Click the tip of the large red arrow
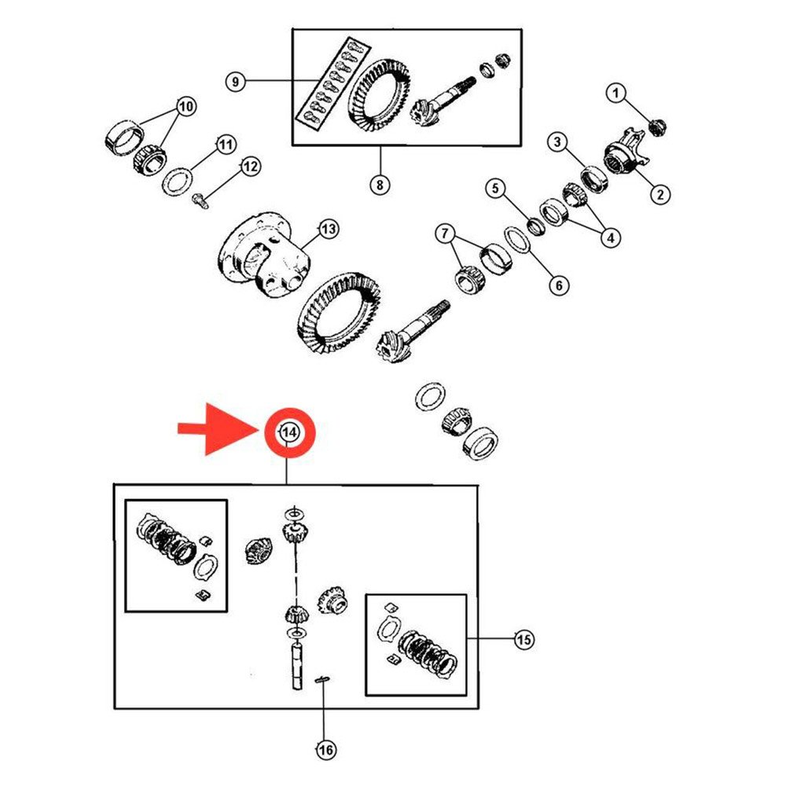point(259,430)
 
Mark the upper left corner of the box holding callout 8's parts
point(292,30)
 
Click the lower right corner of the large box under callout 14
point(478,708)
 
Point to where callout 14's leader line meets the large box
point(286,484)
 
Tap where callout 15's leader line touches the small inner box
point(467,638)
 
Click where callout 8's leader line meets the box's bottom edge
point(380,145)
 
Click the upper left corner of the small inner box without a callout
point(125,500)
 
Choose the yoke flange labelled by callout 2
point(626,152)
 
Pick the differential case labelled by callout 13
point(265,254)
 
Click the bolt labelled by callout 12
point(200,201)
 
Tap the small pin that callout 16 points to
point(321,679)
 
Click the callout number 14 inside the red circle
point(289,432)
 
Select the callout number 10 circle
point(185,106)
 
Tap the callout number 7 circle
point(445,234)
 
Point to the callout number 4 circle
point(611,237)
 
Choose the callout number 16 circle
point(326,750)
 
